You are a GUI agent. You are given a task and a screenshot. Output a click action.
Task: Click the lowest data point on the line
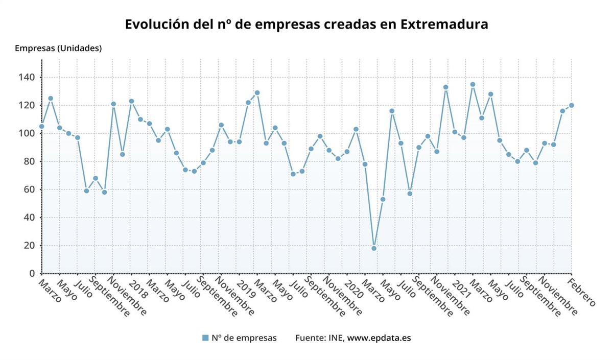click(374, 248)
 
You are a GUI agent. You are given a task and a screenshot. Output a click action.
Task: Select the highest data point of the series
click(473, 84)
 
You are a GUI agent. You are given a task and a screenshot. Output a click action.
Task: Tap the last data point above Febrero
click(571, 105)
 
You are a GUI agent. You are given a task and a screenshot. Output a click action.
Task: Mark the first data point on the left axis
click(41, 126)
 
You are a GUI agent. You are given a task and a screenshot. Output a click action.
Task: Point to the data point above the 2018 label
click(131, 101)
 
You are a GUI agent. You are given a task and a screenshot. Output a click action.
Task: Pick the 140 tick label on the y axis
click(27, 78)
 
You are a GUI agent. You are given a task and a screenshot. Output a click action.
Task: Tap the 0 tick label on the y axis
click(32, 274)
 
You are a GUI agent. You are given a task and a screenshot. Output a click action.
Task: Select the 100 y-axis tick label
click(27, 133)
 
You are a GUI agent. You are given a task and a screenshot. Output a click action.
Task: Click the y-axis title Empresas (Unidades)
click(58, 49)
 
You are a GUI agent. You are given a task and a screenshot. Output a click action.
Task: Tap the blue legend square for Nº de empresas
click(205, 338)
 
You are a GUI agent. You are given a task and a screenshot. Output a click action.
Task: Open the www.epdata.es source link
click(379, 338)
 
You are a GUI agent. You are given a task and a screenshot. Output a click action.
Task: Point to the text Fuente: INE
click(320, 338)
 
